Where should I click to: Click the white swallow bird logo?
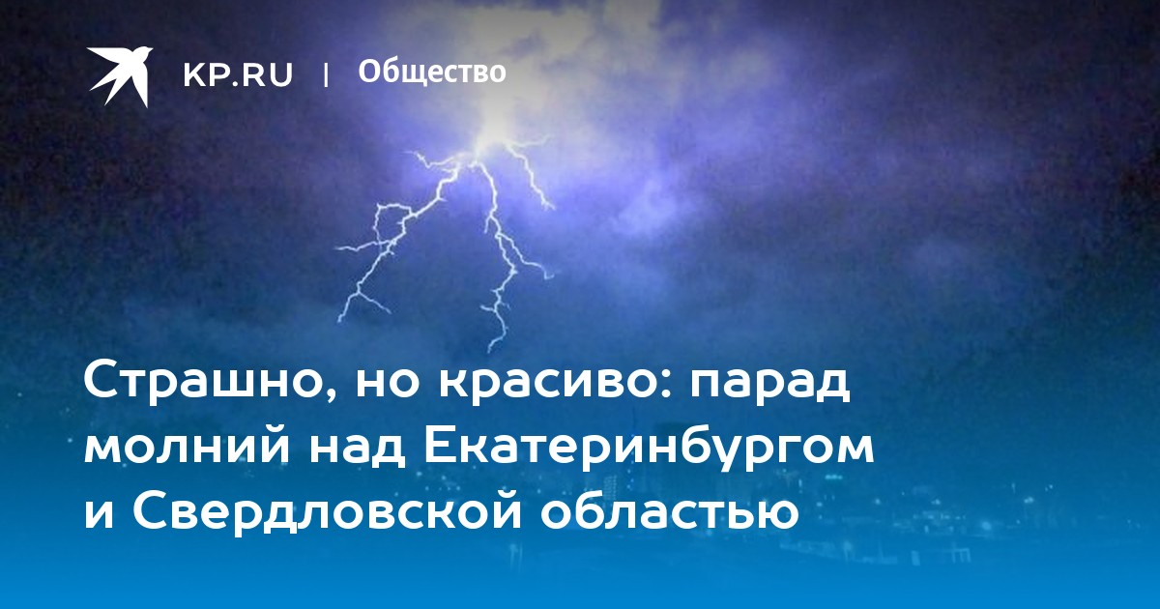120,75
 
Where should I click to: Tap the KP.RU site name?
238,74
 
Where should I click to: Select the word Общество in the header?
432,72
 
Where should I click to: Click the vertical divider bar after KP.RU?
326,74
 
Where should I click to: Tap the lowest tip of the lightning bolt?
490,351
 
